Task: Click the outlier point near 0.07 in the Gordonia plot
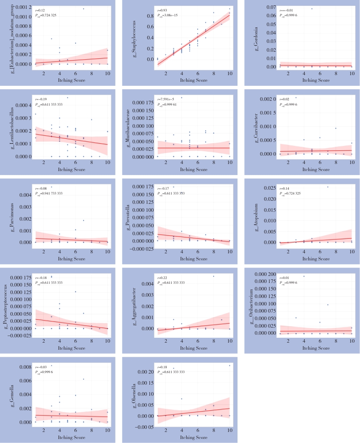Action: (x=312, y=9)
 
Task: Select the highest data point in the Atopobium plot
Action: (x=328, y=187)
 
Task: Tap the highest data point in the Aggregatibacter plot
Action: (x=214, y=276)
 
